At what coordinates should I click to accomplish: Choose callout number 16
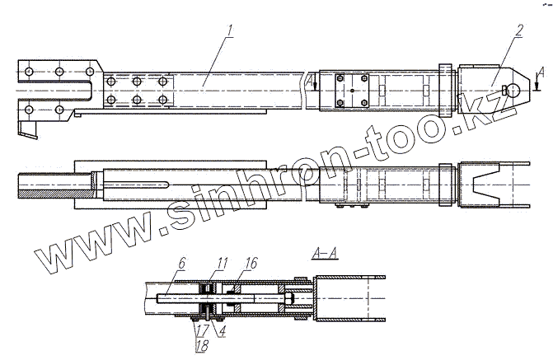[251, 262]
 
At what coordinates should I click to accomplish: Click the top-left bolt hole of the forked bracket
[30, 72]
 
